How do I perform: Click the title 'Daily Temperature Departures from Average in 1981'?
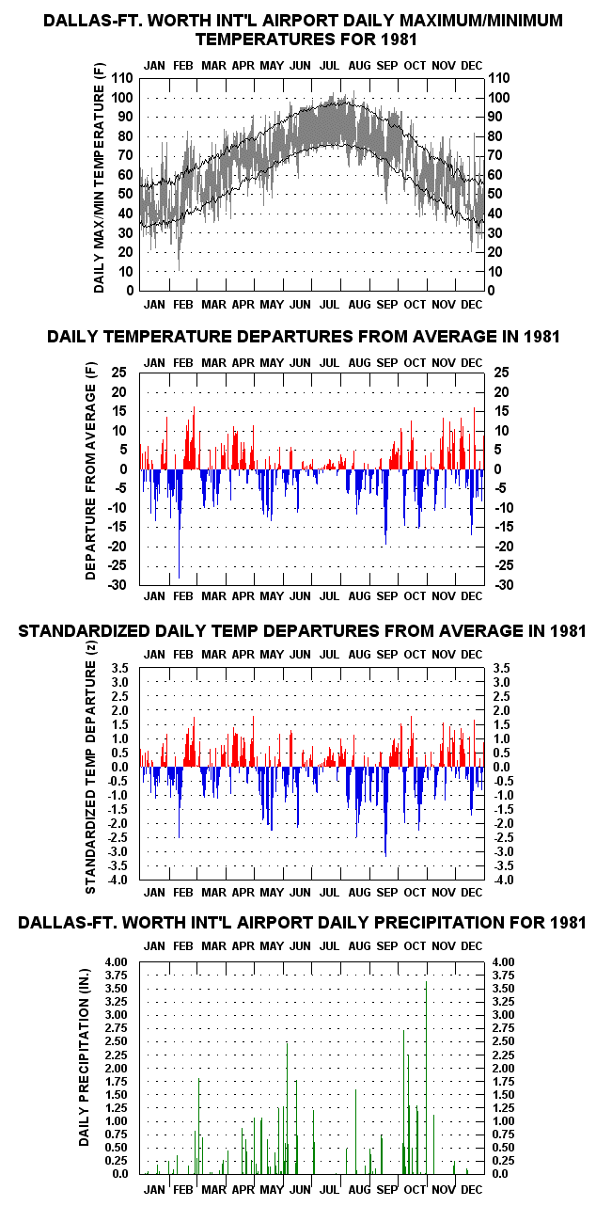coord(304,337)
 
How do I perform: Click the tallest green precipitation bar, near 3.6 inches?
coord(426,1078)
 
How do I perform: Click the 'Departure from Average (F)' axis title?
coord(90,478)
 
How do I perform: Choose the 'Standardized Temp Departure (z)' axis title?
coord(90,774)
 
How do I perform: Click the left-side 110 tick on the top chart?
coord(122,78)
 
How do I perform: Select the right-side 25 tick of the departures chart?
coord(501,373)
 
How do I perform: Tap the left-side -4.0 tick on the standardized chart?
coord(118,881)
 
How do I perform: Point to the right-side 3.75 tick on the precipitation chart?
coord(503,976)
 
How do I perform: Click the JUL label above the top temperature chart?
coord(329,66)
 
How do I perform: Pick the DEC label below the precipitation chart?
coord(471,1189)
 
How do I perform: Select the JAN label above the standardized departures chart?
coord(154,655)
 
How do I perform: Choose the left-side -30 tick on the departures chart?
coord(118,585)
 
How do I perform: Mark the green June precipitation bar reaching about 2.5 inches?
coord(287,1109)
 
